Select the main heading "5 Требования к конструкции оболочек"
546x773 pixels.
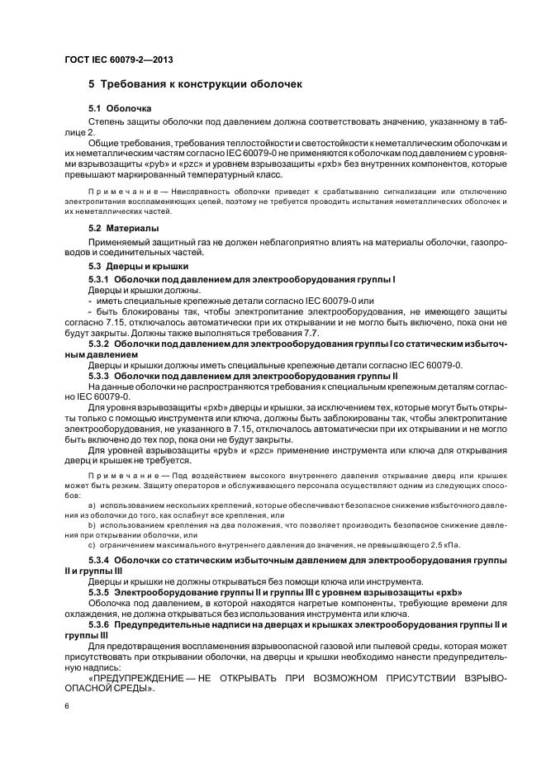pos(197,84)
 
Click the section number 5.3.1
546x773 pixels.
pos(99,280)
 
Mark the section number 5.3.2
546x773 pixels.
pos(99,342)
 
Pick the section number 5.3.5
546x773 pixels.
pos(99,593)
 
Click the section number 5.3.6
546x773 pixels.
pos(99,624)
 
